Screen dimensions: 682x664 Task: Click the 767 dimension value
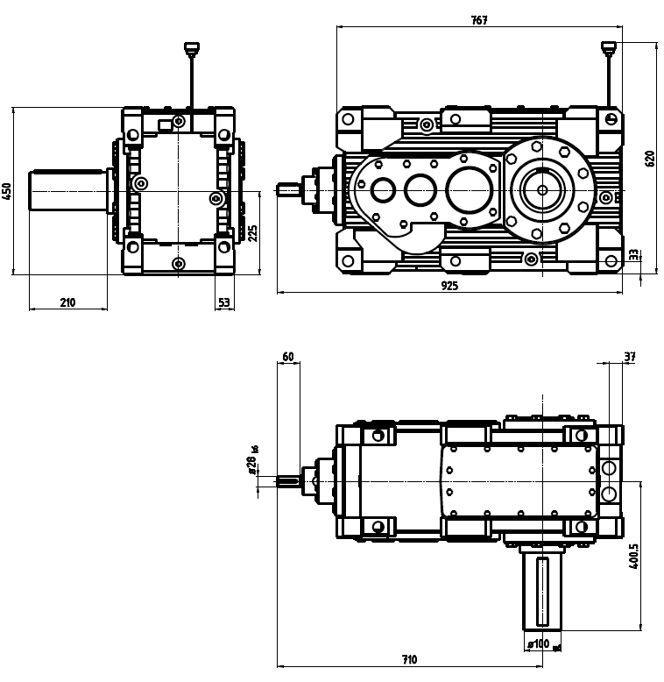point(477,19)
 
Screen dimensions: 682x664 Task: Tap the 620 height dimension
point(649,159)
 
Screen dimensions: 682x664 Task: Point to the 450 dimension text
point(7,191)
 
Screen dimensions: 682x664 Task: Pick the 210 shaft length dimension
point(67,302)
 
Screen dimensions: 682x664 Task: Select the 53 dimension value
point(223,302)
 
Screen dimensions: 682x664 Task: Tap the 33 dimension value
point(634,255)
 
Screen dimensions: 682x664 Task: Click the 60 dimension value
point(288,357)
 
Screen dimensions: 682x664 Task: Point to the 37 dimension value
point(629,357)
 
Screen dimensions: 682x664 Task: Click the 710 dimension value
point(409,659)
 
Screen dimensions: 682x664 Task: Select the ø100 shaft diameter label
point(539,644)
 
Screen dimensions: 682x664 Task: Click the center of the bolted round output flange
point(541,188)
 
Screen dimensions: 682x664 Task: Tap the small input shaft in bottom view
point(290,480)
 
